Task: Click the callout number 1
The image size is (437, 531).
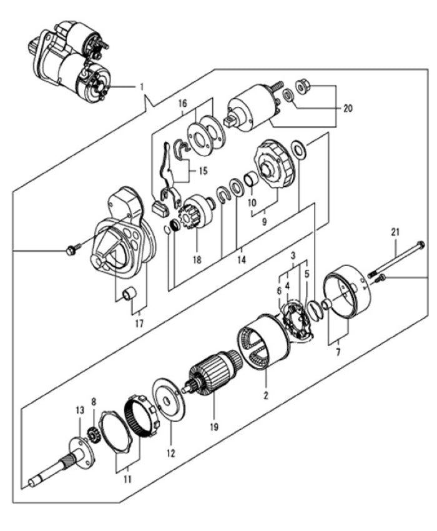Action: (x=142, y=86)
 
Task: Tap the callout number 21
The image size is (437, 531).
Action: (x=395, y=232)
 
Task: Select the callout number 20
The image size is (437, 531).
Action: (x=348, y=108)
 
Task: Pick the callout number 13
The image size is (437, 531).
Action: (x=79, y=410)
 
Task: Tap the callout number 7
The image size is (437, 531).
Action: (x=338, y=352)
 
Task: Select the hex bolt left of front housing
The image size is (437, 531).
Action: (x=70, y=251)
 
